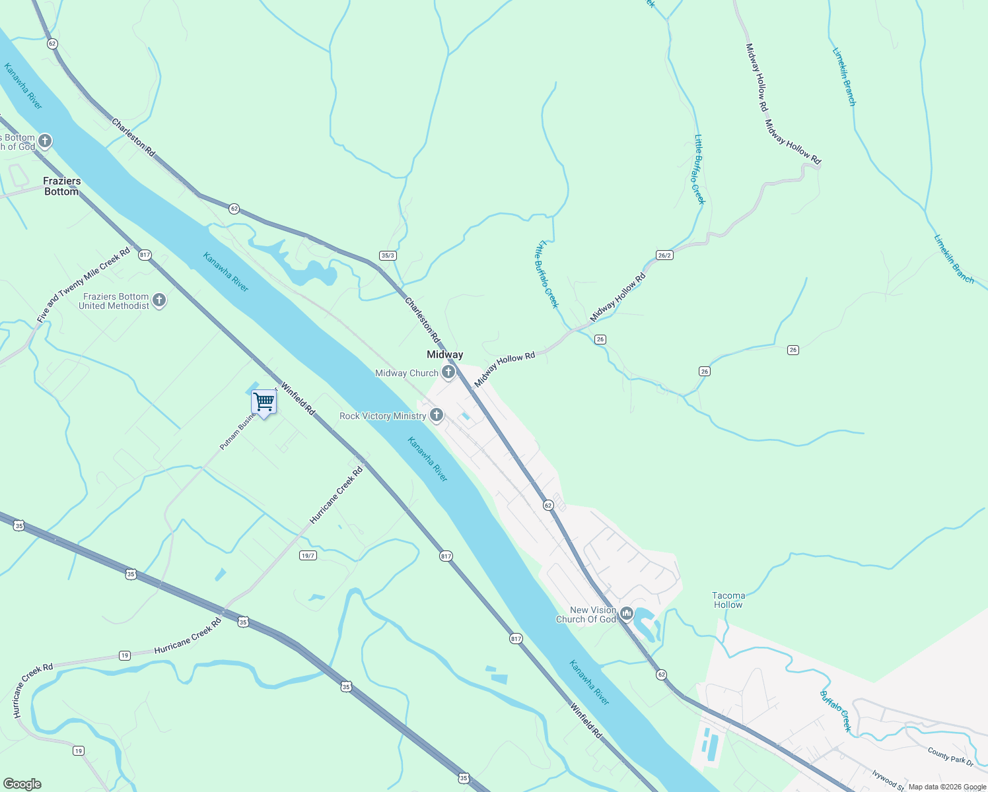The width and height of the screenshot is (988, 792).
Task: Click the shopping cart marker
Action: (x=264, y=401)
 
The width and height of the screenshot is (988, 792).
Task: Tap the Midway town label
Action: (x=444, y=355)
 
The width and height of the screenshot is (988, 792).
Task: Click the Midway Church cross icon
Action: (x=448, y=372)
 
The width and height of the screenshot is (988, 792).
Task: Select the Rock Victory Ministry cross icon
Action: (x=436, y=415)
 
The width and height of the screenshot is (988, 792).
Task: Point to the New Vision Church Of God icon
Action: (x=626, y=614)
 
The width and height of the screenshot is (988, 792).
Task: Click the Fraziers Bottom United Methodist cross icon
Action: (x=159, y=300)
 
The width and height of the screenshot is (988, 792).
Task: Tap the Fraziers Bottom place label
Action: (x=61, y=186)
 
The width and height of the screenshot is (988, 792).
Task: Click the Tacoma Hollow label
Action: (x=728, y=600)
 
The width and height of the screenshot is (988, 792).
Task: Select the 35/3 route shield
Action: (x=388, y=255)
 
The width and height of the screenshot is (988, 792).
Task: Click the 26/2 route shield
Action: (x=664, y=255)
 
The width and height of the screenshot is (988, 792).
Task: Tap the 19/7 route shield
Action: (x=308, y=555)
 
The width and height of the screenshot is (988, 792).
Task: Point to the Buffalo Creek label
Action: (x=835, y=711)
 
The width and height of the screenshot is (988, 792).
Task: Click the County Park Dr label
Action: (x=950, y=756)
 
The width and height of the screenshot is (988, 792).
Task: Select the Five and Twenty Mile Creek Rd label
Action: (x=83, y=286)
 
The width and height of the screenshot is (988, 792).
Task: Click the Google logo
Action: (x=22, y=784)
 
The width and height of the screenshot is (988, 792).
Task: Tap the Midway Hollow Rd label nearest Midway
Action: (x=505, y=370)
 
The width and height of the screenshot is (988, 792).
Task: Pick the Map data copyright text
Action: (x=946, y=787)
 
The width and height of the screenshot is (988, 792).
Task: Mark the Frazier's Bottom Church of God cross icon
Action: (x=45, y=141)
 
